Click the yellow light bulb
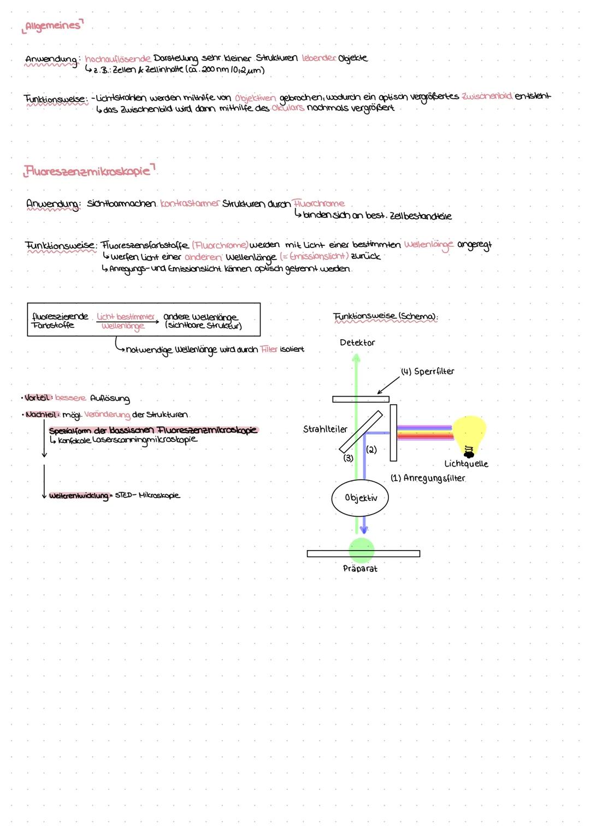469,434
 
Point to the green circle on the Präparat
361,550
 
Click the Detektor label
357,342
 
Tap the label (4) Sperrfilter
427,371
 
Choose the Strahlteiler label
325,429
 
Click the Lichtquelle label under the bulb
466,464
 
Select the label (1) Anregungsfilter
428,478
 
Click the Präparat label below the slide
360,569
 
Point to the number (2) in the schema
371,450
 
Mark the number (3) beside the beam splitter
348,458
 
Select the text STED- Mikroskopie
147,495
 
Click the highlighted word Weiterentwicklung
78,496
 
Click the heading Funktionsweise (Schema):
385,317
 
